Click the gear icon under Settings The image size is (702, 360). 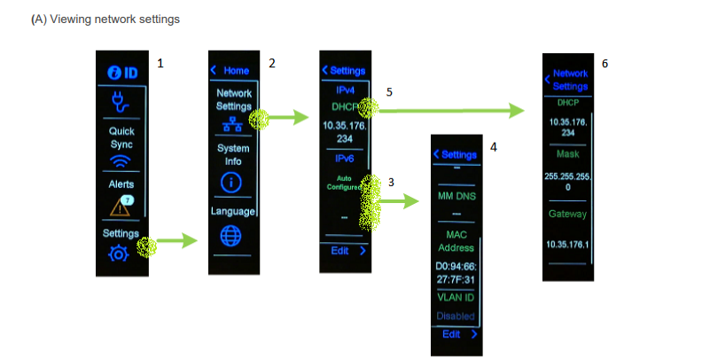(x=118, y=254)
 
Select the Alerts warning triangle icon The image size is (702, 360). (x=121, y=207)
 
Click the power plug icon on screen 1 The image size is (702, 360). (x=119, y=104)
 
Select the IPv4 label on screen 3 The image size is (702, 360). (x=345, y=91)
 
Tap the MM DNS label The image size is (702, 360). (x=457, y=195)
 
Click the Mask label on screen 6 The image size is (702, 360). (x=567, y=153)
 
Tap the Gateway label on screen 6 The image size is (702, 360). (x=567, y=215)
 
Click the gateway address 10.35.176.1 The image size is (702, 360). (x=567, y=244)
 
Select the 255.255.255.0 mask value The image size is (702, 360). (x=567, y=183)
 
